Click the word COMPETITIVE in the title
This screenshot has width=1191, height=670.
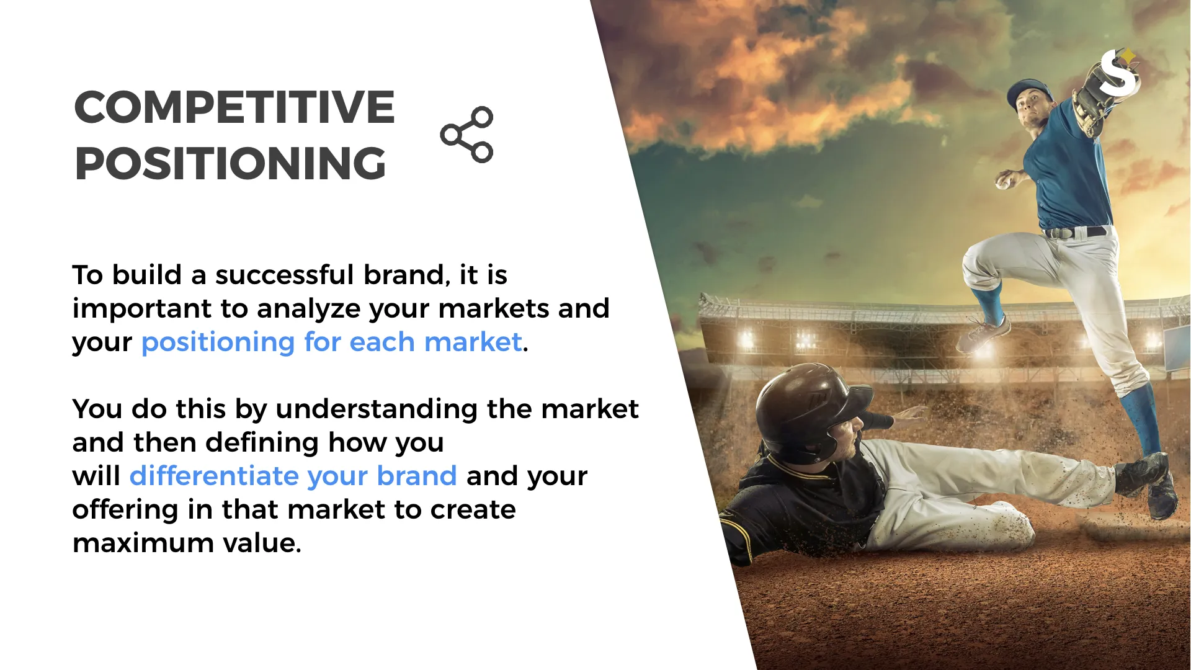[x=234, y=107]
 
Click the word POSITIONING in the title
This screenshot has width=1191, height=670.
[x=230, y=164]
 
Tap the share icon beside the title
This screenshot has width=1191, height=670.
[x=467, y=135]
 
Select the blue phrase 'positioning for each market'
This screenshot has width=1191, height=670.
[x=331, y=342]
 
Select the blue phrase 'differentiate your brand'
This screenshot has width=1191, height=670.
[x=293, y=476]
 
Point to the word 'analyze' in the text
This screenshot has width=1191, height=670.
[x=308, y=309]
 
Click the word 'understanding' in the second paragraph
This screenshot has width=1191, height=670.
[x=377, y=409]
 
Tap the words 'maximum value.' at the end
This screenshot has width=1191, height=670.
[x=187, y=543]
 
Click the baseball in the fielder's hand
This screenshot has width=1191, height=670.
[x=1003, y=182]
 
